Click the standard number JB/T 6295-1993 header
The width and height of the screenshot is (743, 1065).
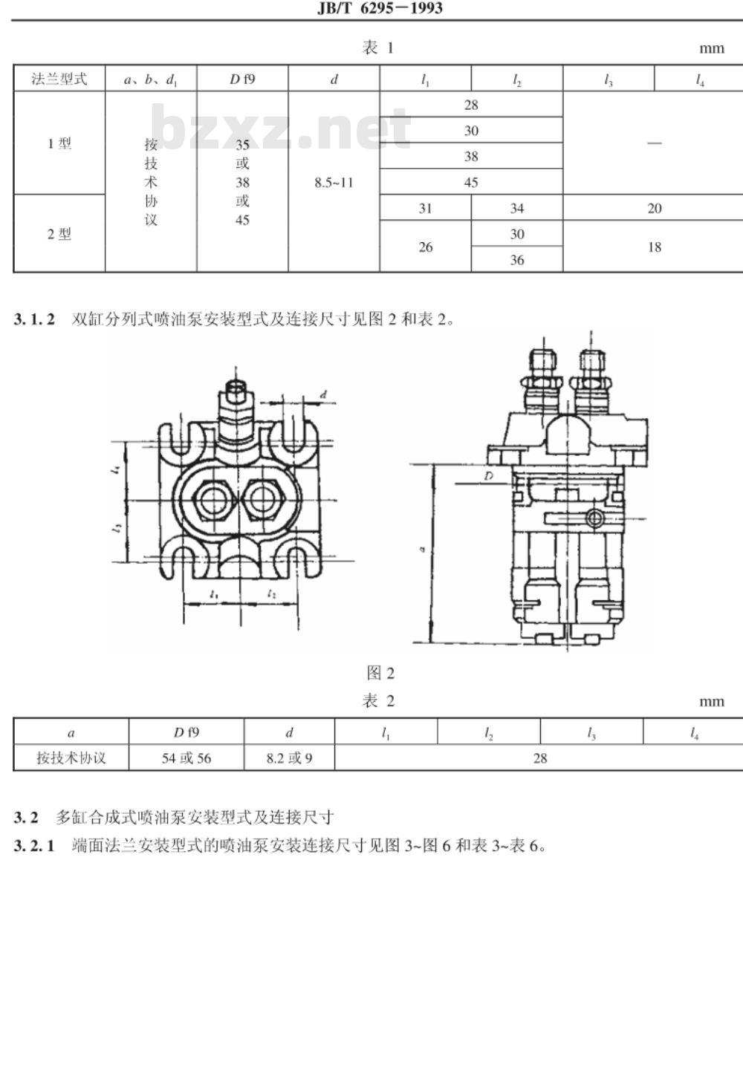[380, 7]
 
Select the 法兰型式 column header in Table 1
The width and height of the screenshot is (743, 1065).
[59, 79]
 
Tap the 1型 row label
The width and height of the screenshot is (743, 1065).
[59, 143]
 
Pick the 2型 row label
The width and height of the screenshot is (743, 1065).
[59, 234]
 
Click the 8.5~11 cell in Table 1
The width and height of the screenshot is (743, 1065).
[334, 183]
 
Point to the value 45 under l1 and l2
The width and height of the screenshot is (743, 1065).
[471, 182]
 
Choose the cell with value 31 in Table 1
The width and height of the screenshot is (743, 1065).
[425, 208]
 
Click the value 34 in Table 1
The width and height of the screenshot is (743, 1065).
[517, 208]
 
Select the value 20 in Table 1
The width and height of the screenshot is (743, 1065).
[655, 208]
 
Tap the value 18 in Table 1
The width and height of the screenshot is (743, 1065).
[655, 247]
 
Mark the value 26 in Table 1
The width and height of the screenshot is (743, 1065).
[425, 247]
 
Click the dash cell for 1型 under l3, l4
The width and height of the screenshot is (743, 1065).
[655, 143]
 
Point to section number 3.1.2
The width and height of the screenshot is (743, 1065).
[34, 319]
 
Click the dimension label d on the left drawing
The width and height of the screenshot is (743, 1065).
[323, 394]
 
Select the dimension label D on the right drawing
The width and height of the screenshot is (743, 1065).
[488, 476]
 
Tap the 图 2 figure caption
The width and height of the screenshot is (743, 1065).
[380, 673]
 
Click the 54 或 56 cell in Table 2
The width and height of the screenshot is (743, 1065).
[186, 758]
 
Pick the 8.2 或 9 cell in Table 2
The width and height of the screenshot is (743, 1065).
[289, 758]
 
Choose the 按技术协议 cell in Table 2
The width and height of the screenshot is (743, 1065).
[71, 758]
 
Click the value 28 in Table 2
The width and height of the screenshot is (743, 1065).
[540, 758]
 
